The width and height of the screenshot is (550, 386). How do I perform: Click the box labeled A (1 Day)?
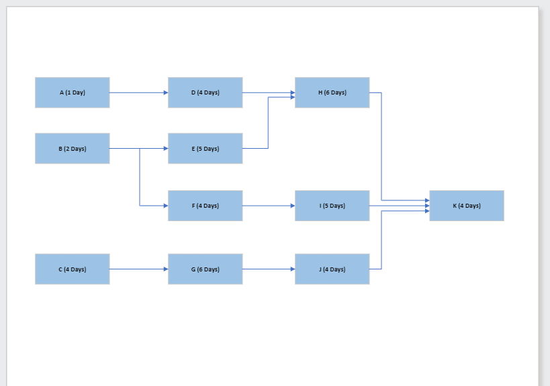point(72,92)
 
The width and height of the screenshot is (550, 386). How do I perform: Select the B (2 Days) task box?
point(72,148)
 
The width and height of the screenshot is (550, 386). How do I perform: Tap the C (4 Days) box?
point(72,269)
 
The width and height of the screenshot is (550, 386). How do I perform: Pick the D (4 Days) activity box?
point(205,92)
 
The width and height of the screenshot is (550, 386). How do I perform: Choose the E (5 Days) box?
point(205,148)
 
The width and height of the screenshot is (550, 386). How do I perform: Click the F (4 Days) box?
point(205,206)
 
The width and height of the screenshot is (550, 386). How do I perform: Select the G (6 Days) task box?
point(205,269)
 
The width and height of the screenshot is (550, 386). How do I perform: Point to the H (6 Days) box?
point(332,92)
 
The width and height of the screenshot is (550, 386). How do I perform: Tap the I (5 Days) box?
point(332,206)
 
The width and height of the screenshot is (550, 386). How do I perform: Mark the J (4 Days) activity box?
point(332,269)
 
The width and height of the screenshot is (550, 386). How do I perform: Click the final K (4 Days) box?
point(466,206)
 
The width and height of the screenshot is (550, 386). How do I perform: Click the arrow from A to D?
point(138,92)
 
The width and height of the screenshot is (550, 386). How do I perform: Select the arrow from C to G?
point(138,269)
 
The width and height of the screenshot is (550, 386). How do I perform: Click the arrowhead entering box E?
point(165,148)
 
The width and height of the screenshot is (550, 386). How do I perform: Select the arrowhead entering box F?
point(165,206)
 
